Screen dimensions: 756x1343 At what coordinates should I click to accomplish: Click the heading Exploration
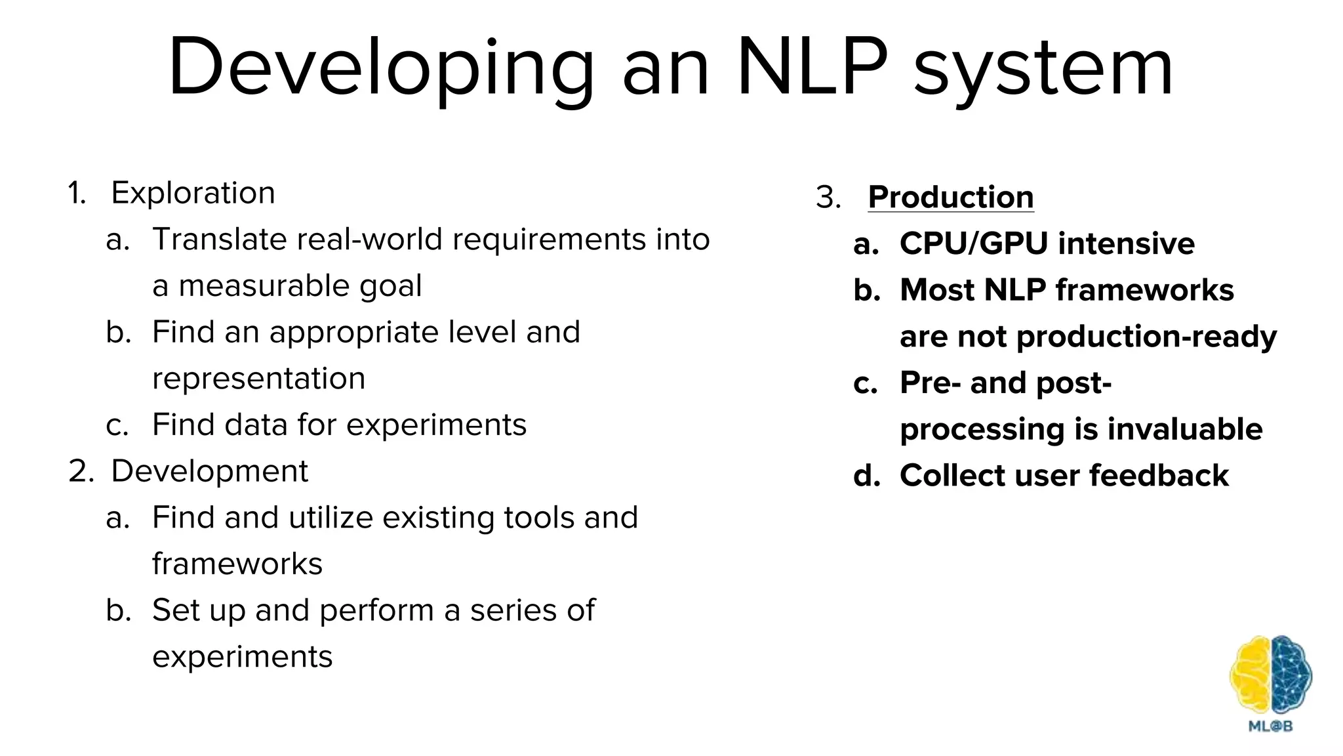pos(193,193)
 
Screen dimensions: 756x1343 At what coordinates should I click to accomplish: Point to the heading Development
pos(209,471)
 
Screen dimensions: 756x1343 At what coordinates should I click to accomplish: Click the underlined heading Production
pos(950,197)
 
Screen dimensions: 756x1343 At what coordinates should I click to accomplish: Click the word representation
pos(258,379)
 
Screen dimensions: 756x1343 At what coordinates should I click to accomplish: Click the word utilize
pos(331,517)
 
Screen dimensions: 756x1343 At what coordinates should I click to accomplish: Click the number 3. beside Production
pos(828,198)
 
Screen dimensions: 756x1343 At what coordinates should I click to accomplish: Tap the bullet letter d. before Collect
pos(866,476)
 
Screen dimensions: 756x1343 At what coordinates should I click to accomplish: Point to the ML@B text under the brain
pos(1270,726)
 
